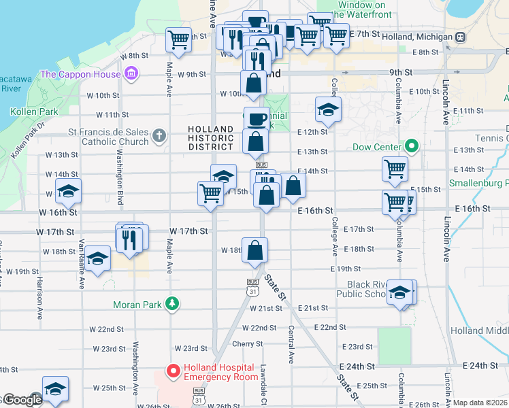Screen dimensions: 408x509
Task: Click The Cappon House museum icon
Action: [x=131, y=73]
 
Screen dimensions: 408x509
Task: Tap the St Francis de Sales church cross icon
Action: [x=159, y=135]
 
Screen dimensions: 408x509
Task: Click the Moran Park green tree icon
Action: [x=174, y=304]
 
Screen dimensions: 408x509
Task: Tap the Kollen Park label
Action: [x=27, y=111]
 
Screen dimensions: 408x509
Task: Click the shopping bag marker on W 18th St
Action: [x=255, y=250]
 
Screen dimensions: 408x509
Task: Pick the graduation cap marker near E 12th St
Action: [x=328, y=109]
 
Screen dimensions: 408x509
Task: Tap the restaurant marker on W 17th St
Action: [x=129, y=238]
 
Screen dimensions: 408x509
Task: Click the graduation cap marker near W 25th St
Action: [x=55, y=389]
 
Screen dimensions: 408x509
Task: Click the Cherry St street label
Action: [x=243, y=343]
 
